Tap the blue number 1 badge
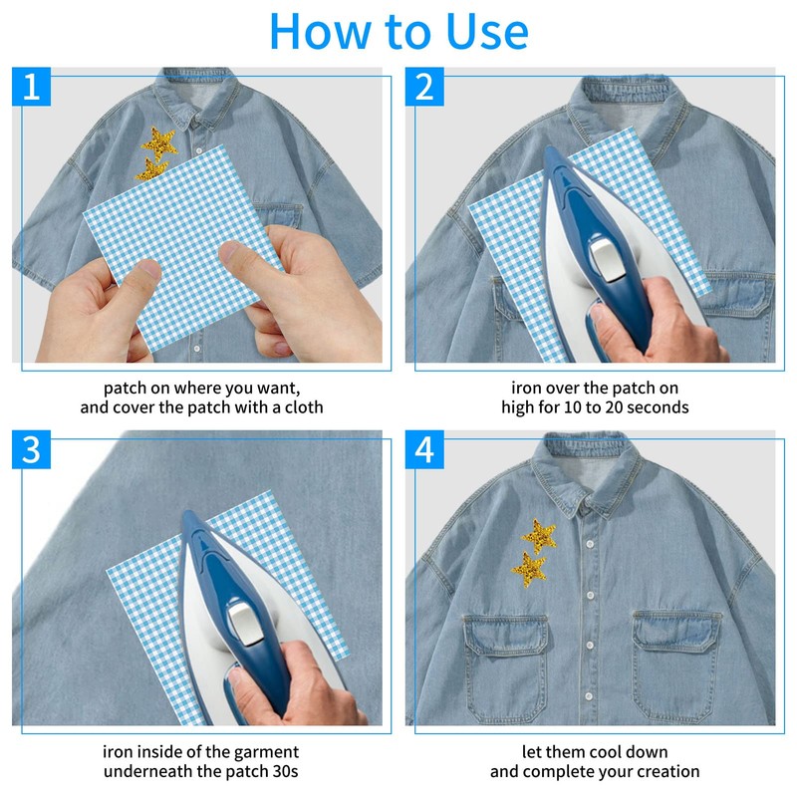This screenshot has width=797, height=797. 32,87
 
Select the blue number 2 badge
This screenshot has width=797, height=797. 424,87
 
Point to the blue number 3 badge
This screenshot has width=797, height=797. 32,450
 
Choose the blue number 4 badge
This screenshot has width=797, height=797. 424,450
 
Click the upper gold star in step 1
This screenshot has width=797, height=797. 159,142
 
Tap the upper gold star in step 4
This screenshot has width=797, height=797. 539,536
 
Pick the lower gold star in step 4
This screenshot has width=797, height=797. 529,569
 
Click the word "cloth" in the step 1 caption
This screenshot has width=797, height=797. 304,407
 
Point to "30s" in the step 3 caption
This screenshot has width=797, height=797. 285,771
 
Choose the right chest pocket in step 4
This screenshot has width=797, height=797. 676,665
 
